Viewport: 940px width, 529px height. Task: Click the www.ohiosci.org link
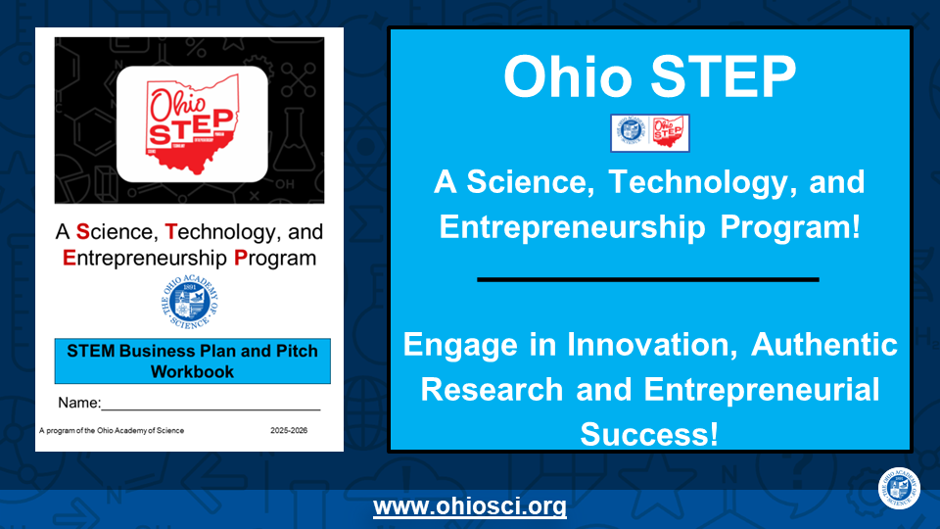tap(469, 506)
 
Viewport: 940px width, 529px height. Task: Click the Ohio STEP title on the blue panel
tap(650, 76)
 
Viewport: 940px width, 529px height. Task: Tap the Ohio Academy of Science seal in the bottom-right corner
tap(899, 488)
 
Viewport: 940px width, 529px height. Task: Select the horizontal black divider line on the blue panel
tap(648, 279)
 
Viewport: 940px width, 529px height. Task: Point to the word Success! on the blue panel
tap(649, 434)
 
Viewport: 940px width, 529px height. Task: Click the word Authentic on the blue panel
tap(824, 344)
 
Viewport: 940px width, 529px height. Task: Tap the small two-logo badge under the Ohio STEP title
tap(650, 132)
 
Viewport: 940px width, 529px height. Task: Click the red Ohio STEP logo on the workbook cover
tap(192, 123)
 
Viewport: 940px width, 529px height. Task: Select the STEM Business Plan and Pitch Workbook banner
tap(193, 361)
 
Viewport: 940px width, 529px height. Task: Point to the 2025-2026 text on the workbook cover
tap(289, 431)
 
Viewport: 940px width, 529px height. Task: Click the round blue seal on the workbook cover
tap(190, 302)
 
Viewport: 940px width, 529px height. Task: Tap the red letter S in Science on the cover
tap(82, 231)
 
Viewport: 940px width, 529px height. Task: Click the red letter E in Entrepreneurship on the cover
tap(69, 258)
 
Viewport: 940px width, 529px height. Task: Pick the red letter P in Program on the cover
tap(241, 258)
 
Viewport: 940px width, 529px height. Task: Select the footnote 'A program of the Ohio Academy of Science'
tap(112, 431)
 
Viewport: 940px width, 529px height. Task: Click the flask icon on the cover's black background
tap(295, 139)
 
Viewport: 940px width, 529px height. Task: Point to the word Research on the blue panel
tap(492, 389)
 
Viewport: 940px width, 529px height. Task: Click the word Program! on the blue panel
tap(790, 227)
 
